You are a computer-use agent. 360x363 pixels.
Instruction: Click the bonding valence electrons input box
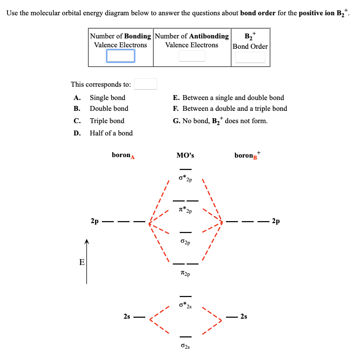[x=121, y=56]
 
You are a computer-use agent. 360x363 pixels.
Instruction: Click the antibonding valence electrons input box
[x=192, y=56]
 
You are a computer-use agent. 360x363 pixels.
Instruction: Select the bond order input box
[x=250, y=57]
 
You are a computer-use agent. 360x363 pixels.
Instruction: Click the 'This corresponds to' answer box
[x=146, y=84]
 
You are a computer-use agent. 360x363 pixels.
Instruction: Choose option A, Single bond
[x=107, y=98]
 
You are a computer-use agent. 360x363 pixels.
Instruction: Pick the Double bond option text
[x=109, y=108]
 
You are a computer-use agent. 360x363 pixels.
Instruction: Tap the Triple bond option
[x=107, y=121]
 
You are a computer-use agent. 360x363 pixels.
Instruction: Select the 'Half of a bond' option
[x=111, y=133]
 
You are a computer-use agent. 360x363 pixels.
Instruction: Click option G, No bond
[x=220, y=121]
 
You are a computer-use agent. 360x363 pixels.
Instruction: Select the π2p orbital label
[x=185, y=274]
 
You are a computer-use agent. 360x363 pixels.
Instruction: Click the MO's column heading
[x=185, y=155]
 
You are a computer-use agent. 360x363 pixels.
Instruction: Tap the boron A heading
[x=123, y=155]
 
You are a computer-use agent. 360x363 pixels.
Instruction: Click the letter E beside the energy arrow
[x=82, y=262]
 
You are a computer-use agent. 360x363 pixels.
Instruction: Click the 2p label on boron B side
[x=276, y=221]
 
